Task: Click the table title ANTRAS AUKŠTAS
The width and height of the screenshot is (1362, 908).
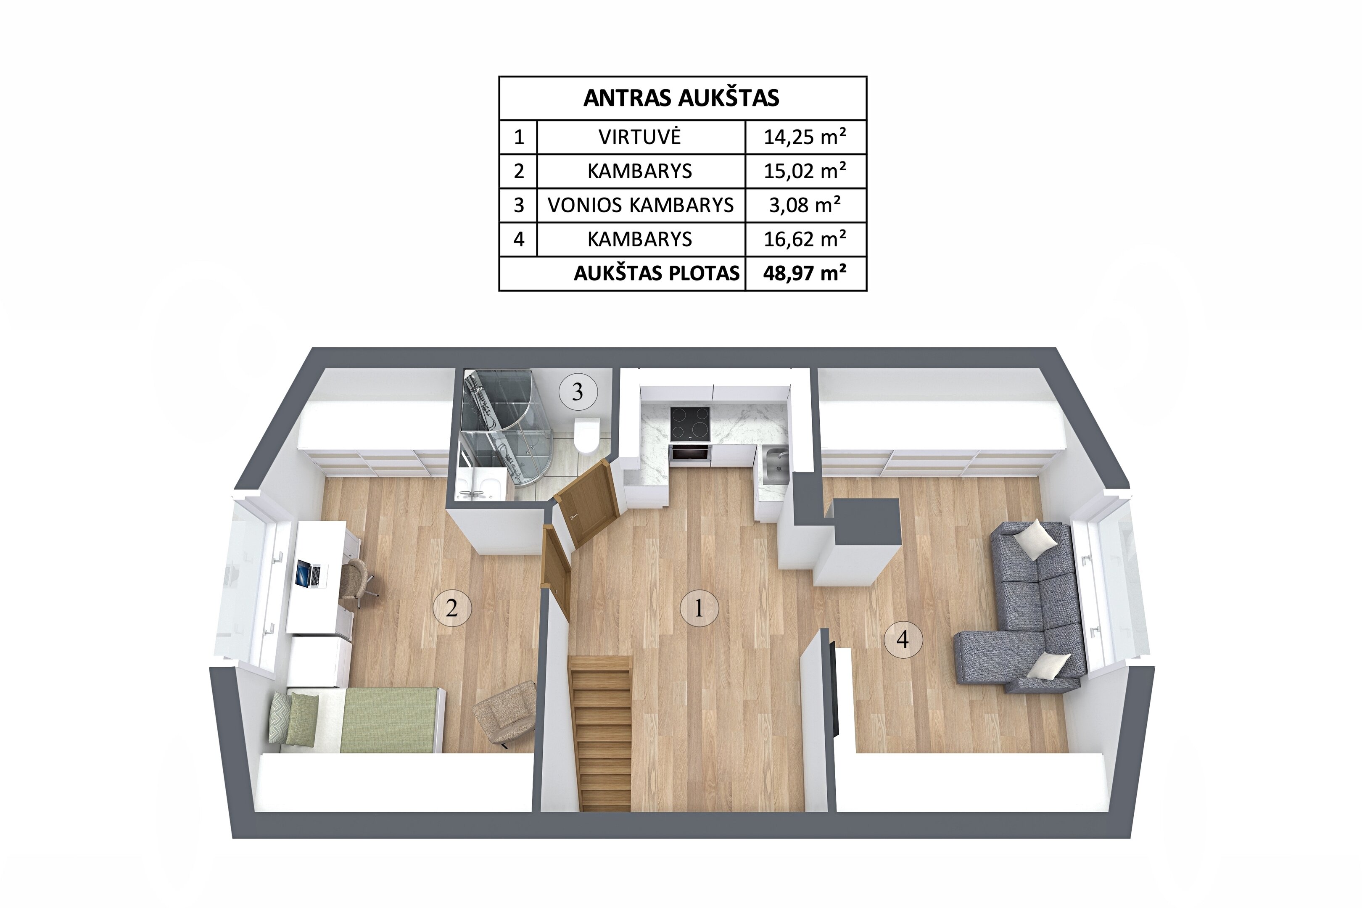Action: point(681,98)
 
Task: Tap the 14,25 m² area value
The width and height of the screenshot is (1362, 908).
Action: point(805,137)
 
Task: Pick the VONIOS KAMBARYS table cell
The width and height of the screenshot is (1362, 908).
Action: point(641,205)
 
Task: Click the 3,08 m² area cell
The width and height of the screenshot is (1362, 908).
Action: point(805,205)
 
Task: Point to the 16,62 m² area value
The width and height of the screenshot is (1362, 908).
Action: point(805,239)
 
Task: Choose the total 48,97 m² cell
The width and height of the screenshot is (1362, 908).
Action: point(805,273)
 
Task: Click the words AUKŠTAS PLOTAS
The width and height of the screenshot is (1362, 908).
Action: point(657,273)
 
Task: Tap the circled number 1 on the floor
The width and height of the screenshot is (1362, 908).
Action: point(699,608)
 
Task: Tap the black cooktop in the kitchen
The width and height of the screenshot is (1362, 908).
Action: point(690,423)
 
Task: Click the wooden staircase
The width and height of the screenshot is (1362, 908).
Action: point(603,733)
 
